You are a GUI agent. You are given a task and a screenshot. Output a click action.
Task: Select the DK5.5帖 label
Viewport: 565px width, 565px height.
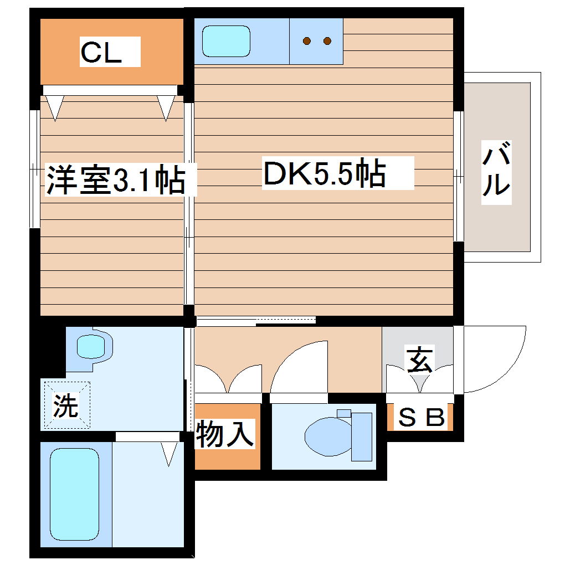[325, 173]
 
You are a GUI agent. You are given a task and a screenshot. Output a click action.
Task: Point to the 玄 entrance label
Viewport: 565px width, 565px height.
[419, 360]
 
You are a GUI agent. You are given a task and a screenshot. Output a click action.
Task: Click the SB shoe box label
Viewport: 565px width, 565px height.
[422, 418]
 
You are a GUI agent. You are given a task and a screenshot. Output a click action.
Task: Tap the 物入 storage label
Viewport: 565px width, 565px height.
[226, 434]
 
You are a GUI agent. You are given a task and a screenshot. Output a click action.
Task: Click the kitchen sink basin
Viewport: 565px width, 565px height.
[226, 41]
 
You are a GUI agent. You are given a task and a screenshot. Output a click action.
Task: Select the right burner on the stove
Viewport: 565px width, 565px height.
[327, 40]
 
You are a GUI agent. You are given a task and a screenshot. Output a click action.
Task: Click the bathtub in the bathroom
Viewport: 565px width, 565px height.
[75, 495]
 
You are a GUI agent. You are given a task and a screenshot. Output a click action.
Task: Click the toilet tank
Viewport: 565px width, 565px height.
[361, 436]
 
